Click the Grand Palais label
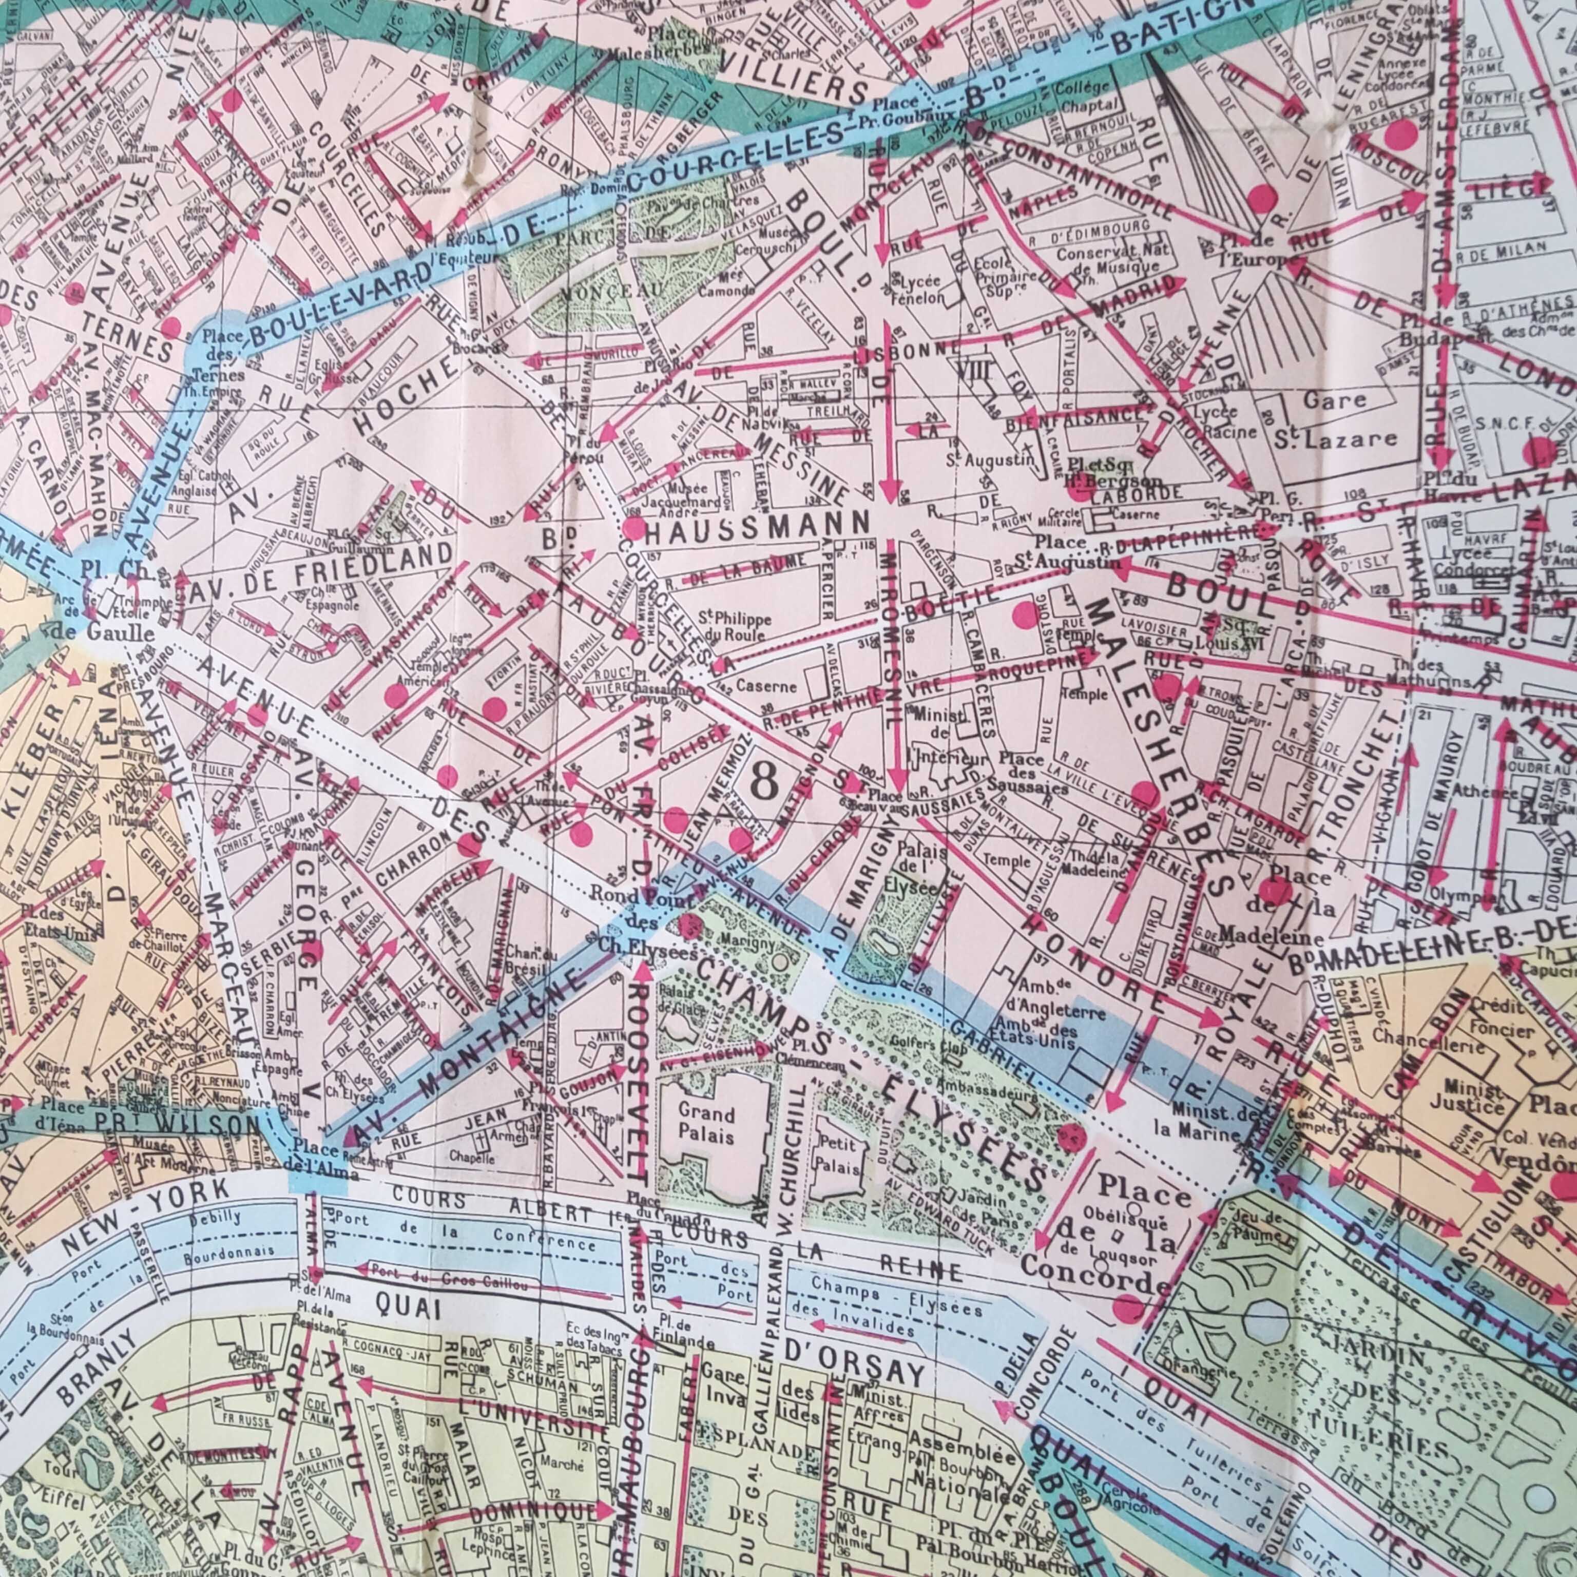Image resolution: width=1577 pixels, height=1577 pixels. [707, 1125]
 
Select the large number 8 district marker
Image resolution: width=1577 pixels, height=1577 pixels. [763, 783]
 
